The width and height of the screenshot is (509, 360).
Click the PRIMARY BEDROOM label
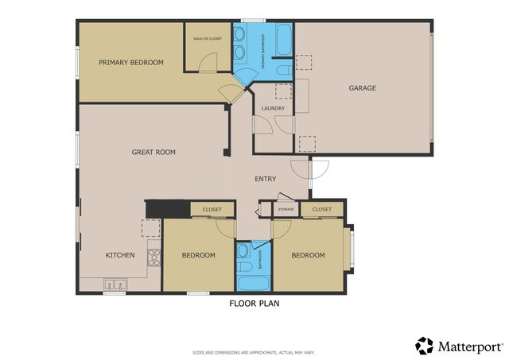click(131, 63)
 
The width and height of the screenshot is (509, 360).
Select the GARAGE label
click(362, 88)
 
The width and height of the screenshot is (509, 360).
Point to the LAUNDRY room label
click(273, 109)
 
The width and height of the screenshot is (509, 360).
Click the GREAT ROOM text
click(153, 152)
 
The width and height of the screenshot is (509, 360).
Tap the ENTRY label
click(266, 179)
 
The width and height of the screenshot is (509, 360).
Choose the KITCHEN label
click(120, 255)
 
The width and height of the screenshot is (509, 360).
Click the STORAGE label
click(286, 209)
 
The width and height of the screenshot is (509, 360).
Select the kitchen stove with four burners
click(153, 256)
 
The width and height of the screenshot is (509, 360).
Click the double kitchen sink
click(116, 283)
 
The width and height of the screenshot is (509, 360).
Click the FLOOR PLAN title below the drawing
click(254, 303)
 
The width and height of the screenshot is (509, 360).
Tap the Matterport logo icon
click(425, 346)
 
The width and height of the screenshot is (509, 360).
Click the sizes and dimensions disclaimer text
click(254, 352)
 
